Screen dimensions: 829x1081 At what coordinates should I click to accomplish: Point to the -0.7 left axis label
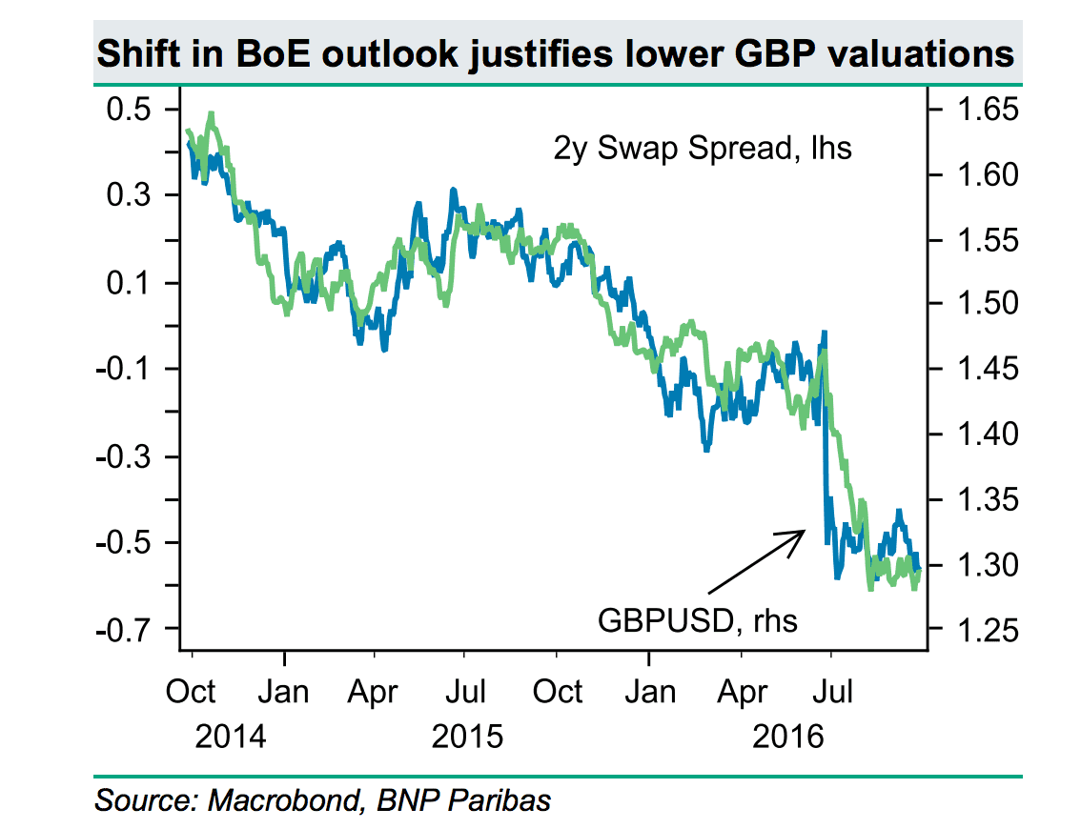tap(128, 630)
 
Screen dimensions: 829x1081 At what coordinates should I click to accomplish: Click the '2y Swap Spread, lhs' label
tap(702, 149)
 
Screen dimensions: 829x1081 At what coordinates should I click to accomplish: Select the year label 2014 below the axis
tap(229, 736)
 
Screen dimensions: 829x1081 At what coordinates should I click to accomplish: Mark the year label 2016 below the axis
tap(786, 736)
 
